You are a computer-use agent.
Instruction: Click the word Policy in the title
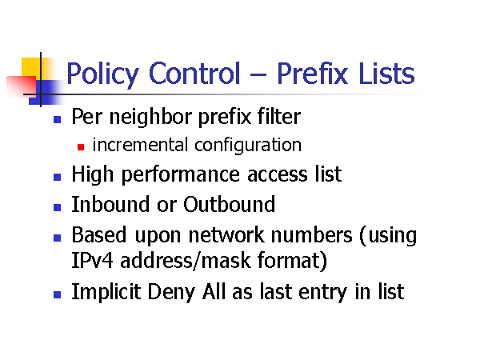pos(102,74)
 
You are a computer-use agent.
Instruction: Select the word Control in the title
pos(194,73)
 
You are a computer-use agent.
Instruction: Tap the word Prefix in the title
pos(312,73)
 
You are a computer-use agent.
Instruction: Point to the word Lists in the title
pos(386,73)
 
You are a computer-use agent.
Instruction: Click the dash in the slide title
pos(258,74)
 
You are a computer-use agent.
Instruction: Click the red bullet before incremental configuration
pos(81,147)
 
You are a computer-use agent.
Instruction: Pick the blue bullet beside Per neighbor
pos(58,119)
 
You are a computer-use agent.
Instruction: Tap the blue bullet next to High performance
pos(58,177)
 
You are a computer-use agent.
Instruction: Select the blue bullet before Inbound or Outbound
pos(58,207)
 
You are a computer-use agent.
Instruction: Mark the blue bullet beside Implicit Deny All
pos(58,294)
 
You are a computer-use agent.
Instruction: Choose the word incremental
pos(140,145)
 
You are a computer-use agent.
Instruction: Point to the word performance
pos(180,175)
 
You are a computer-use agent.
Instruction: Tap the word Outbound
pos(230,204)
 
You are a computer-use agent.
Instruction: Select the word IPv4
pos(92,261)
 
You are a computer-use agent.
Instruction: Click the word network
pos(226,234)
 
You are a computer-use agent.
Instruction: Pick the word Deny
pos(171,292)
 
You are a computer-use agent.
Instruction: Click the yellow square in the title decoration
pos(31,67)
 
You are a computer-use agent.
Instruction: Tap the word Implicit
pos(106,292)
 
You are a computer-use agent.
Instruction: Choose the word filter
pos(279,116)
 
